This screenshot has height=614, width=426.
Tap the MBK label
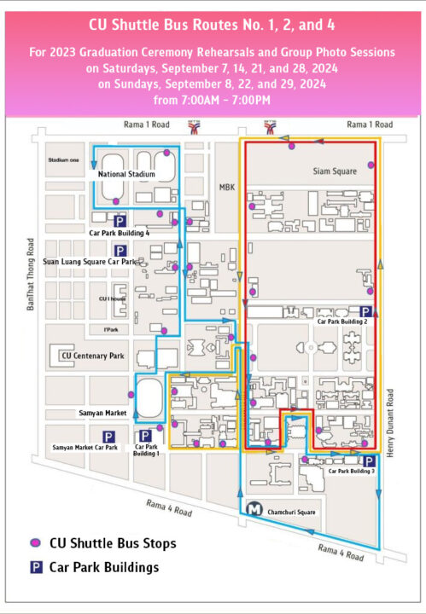tap(226, 187)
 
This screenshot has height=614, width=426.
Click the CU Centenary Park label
tap(92, 356)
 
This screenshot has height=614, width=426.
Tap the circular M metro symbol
tap(254, 510)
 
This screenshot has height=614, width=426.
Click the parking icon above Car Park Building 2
tap(365, 312)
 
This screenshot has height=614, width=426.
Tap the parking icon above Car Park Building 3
tap(368, 461)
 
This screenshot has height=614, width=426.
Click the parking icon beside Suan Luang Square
tap(120, 251)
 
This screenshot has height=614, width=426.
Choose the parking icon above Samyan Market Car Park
tap(109, 437)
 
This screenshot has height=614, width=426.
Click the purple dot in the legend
tap(36, 542)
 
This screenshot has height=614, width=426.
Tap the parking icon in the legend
tap(36, 566)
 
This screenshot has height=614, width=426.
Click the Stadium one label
tap(63, 159)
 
